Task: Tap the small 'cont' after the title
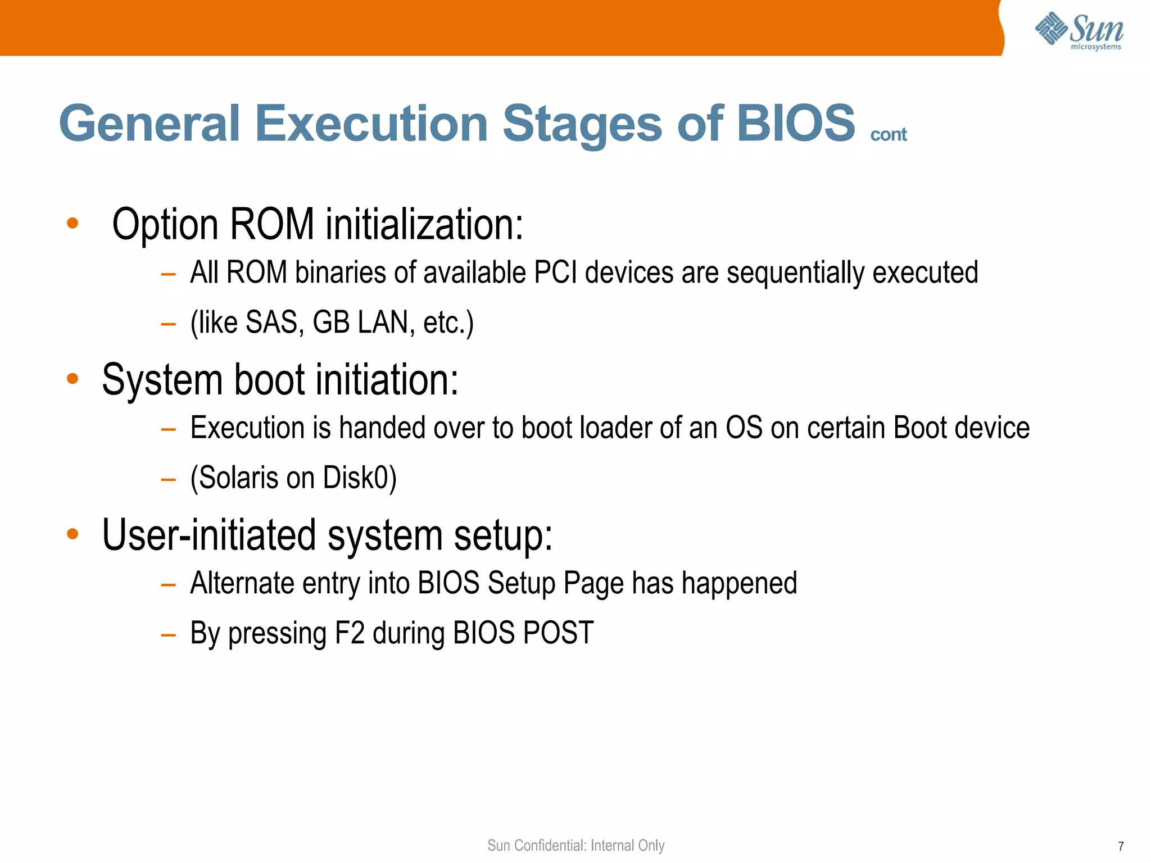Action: coord(888,135)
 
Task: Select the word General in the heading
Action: coord(149,124)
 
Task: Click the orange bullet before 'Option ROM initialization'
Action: coord(72,224)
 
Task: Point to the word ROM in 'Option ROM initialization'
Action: coord(272,225)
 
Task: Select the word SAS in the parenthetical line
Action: coord(271,323)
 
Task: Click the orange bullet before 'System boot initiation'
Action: coord(72,379)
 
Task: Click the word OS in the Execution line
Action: coord(744,428)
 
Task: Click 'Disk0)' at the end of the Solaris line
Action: coord(360,478)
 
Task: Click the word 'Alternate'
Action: coord(242,583)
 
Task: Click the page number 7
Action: coord(1121,846)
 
